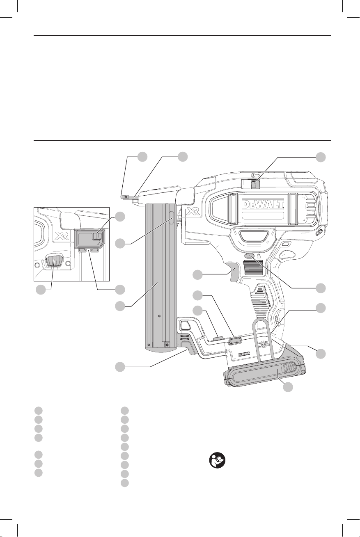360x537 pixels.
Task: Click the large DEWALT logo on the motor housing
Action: tap(263, 204)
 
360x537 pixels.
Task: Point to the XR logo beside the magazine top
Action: tap(193, 211)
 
